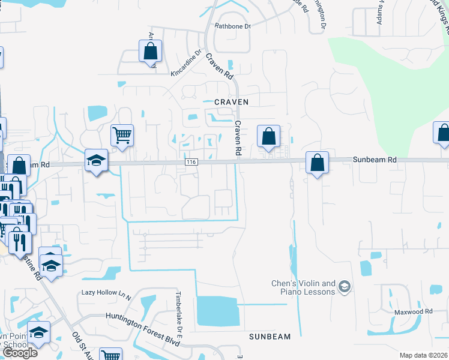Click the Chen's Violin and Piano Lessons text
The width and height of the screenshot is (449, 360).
pos(303,287)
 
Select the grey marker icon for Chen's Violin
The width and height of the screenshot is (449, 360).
pos(344,287)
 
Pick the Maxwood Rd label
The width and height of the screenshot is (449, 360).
pos(414,312)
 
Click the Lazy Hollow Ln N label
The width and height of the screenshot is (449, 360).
pos(106,294)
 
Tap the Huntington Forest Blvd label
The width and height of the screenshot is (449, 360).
pos(143,321)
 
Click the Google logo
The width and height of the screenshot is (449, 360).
pos(20,352)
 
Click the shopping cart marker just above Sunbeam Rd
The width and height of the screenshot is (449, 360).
pos(122,135)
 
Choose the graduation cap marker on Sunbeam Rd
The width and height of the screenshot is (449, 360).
pos(96,160)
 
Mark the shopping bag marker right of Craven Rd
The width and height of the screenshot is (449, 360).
pos(268,136)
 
